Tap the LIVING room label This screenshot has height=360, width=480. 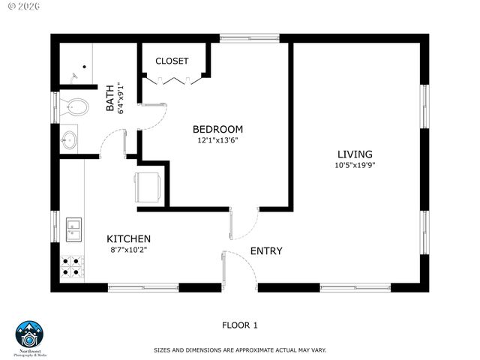[x=355, y=154]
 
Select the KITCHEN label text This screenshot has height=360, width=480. [x=128, y=238]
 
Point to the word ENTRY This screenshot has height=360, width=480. [x=266, y=250]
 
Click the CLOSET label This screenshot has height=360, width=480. [x=172, y=61]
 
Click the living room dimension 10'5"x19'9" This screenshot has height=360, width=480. [x=355, y=165]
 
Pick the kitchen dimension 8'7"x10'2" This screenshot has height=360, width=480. [x=128, y=250]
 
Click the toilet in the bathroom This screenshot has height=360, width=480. [x=73, y=104]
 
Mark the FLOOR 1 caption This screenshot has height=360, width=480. [x=240, y=325]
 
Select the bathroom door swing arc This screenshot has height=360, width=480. [x=112, y=142]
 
